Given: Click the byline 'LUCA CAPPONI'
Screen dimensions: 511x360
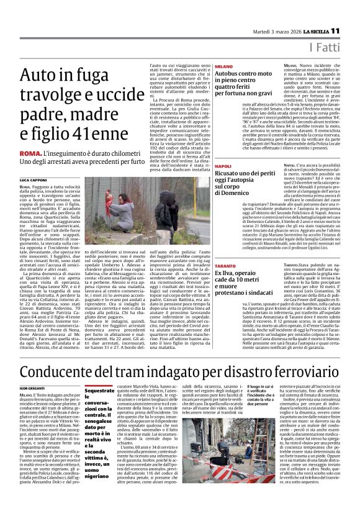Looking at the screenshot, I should click(36, 178).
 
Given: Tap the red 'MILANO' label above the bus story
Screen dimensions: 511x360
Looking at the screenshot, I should click(223, 66).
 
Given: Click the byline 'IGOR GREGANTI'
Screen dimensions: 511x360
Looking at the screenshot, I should click(33, 370).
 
